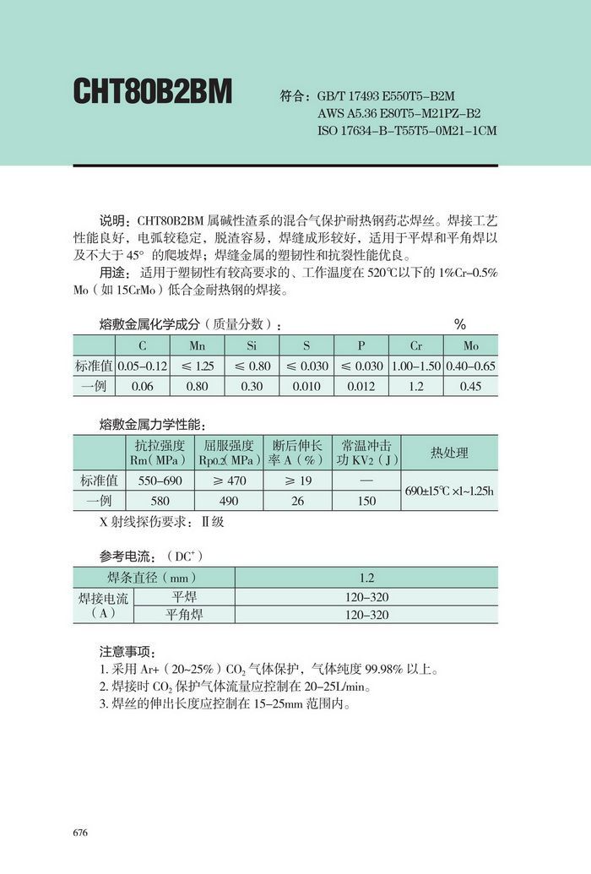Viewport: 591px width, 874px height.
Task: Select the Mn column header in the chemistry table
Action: click(197, 346)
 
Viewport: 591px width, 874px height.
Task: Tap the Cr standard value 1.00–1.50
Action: click(416, 366)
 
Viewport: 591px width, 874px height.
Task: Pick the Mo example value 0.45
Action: click(470, 386)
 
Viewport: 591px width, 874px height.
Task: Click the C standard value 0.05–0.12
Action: click(142, 366)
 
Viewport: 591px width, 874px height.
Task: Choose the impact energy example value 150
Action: click(366, 501)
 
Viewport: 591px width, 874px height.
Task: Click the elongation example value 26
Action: click(297, 501)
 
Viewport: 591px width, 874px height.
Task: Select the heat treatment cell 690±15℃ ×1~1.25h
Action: click(449, 491)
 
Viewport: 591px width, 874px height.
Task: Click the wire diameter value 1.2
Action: click(366, 578)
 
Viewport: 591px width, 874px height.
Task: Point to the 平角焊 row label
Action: click(183, 615)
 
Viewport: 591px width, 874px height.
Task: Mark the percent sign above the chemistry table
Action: click(460, 324)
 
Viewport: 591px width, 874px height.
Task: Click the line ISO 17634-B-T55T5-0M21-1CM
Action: click(407, 131)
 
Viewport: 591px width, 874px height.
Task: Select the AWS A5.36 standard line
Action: click(399, 113)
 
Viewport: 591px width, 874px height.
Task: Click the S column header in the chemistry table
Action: click(306, 346)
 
